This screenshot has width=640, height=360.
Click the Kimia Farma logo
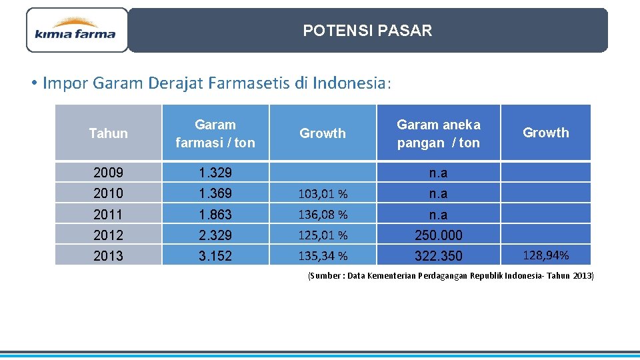tap(76, 30)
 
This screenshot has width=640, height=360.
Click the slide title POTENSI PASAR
tap(367, 31)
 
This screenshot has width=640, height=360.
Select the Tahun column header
tap(108, 133)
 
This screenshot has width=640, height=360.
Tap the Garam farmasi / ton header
tap(215, 133)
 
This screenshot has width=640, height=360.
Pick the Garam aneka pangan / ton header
tap(438, 133)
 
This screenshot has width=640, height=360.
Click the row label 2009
tap(108, 173)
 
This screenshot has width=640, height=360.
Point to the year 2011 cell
tap(108, 215)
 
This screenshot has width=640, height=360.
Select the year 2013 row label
tap(108, 256)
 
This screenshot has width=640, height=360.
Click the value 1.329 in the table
tap(215, 173)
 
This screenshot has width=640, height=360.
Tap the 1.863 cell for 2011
tap(215, 215)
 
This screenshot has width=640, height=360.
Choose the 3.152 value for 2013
tap(215, 256)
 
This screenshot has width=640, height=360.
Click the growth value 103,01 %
tap(323, 194)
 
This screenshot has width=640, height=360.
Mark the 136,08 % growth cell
tap(323, 215)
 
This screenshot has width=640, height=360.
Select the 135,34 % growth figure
tap(323, 256)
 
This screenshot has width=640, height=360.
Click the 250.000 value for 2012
tap(438, 235)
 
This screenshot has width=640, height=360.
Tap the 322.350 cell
tap(438, 256)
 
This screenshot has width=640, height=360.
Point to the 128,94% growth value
tap(545, 255)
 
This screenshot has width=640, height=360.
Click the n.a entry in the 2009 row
tap(438, 173)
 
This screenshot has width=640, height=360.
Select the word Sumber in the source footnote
tap(325, 276)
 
